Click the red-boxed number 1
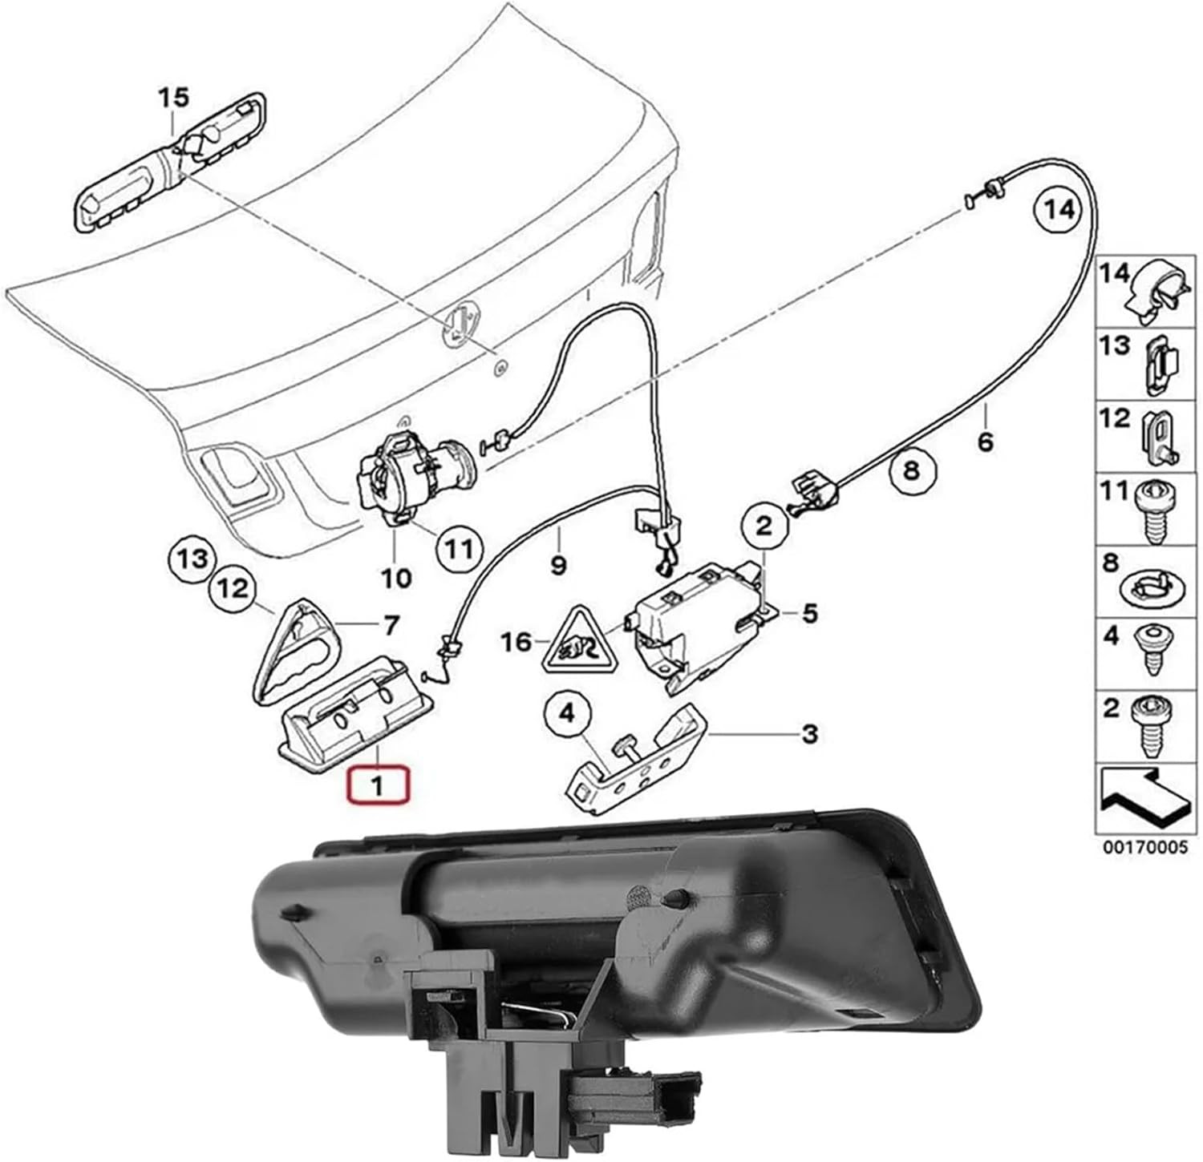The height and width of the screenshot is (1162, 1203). (x=377, y=785)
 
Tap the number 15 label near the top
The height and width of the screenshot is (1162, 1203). (x=172, y=99)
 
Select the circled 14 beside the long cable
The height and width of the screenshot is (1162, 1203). (x=1058, y=210)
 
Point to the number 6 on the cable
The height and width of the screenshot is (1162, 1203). (x=985, y=440)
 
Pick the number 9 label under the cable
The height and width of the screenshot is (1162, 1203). (x=558, y=564)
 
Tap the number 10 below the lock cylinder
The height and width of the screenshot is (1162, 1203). (x=395, y=577)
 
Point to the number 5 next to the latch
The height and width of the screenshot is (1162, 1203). (x=809, y=614)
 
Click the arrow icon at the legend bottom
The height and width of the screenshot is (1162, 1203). (x=1143, y=797)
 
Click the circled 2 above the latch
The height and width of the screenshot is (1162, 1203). (x=764, y=525)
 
